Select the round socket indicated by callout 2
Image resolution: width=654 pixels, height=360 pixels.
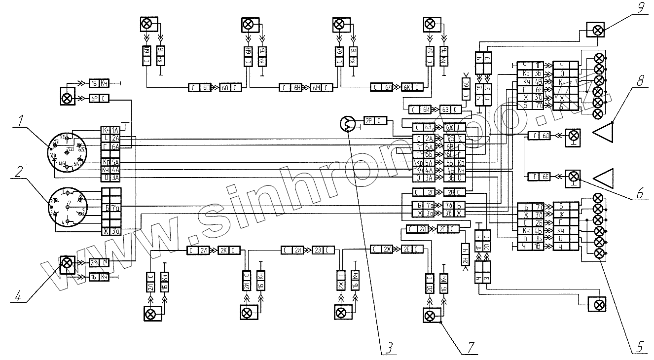67,207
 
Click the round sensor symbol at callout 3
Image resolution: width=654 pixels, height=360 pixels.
348,125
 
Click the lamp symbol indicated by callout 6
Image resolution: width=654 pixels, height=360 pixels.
573,176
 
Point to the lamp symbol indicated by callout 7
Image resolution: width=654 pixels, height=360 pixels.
431,315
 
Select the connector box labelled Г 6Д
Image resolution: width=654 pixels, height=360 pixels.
540,136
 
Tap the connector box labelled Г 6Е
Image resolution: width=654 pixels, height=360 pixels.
540,176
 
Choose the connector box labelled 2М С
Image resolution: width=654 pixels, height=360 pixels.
99,263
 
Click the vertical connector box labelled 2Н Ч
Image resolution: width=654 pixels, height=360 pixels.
466,254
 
